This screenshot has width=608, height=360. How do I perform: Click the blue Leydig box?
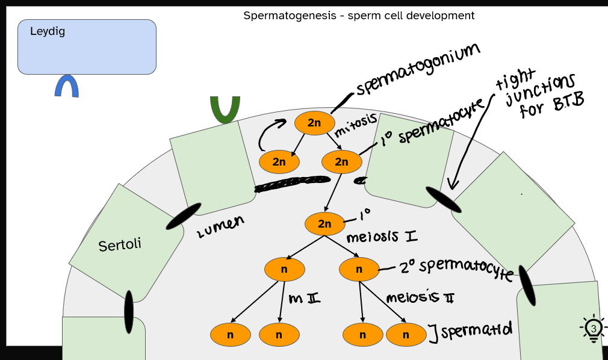pyautogui.click(x=87, y=47)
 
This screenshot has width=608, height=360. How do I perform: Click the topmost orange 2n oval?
pyautogui.click(x=314, y=123)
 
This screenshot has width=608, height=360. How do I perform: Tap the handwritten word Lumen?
pyautogui.click(x=220, y=227)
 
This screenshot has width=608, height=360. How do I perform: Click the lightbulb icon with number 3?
pyautogui.click(x=594, y=329)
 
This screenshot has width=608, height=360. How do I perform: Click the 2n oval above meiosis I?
pyautogui.click(x=324, y=224)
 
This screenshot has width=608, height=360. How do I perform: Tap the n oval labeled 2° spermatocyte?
pyautogui.click(x=359, y=269)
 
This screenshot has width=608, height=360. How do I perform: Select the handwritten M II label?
pyautogui.click(x=304, y=298)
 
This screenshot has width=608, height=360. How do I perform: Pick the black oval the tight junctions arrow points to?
pyautogui.click(x=444, y=200)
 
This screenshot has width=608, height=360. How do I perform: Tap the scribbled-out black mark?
pyautogui.click(x=293, y=184)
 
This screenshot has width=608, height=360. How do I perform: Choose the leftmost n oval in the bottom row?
pyautogui.click(x=230, y=335)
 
